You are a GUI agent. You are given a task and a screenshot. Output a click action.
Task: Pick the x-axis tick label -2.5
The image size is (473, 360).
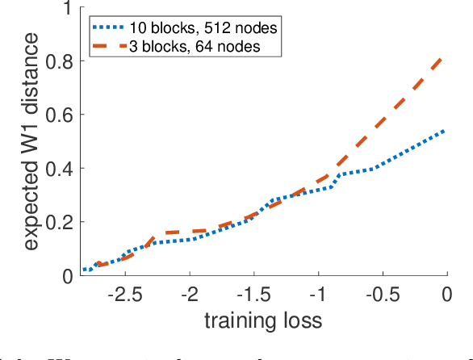coord(123,295)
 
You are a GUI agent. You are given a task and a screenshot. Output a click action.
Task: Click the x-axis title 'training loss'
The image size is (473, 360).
coord(264,320)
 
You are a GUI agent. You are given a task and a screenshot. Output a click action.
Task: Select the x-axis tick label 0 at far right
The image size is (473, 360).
coord(446,295)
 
